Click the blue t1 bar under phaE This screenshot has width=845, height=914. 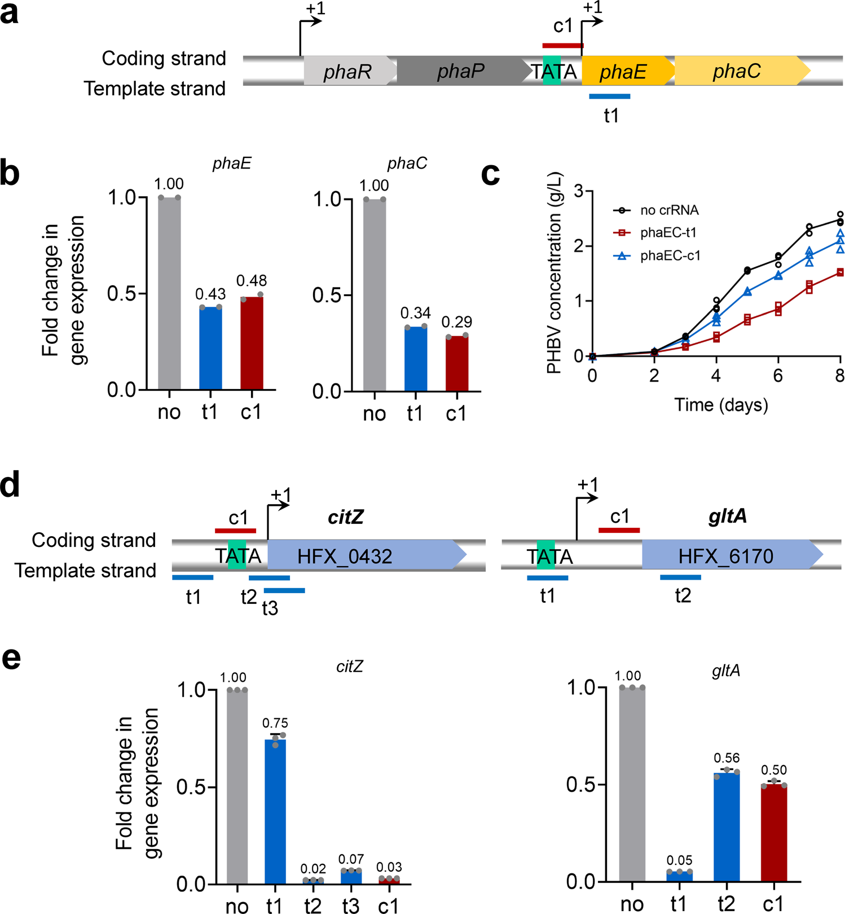[609, 96]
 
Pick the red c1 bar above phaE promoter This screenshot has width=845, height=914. [562, 46]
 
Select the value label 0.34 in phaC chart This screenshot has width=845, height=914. [416, 313]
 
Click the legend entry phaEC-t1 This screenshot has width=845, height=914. [668, 233]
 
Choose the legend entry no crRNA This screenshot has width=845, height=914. [669, 210]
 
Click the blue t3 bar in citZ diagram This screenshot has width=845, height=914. [284, 590]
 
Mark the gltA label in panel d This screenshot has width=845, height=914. [727, 516]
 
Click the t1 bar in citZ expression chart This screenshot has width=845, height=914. [275, 811]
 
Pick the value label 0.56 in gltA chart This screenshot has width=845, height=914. [727, 758]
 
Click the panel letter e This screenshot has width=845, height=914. [11, 659]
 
